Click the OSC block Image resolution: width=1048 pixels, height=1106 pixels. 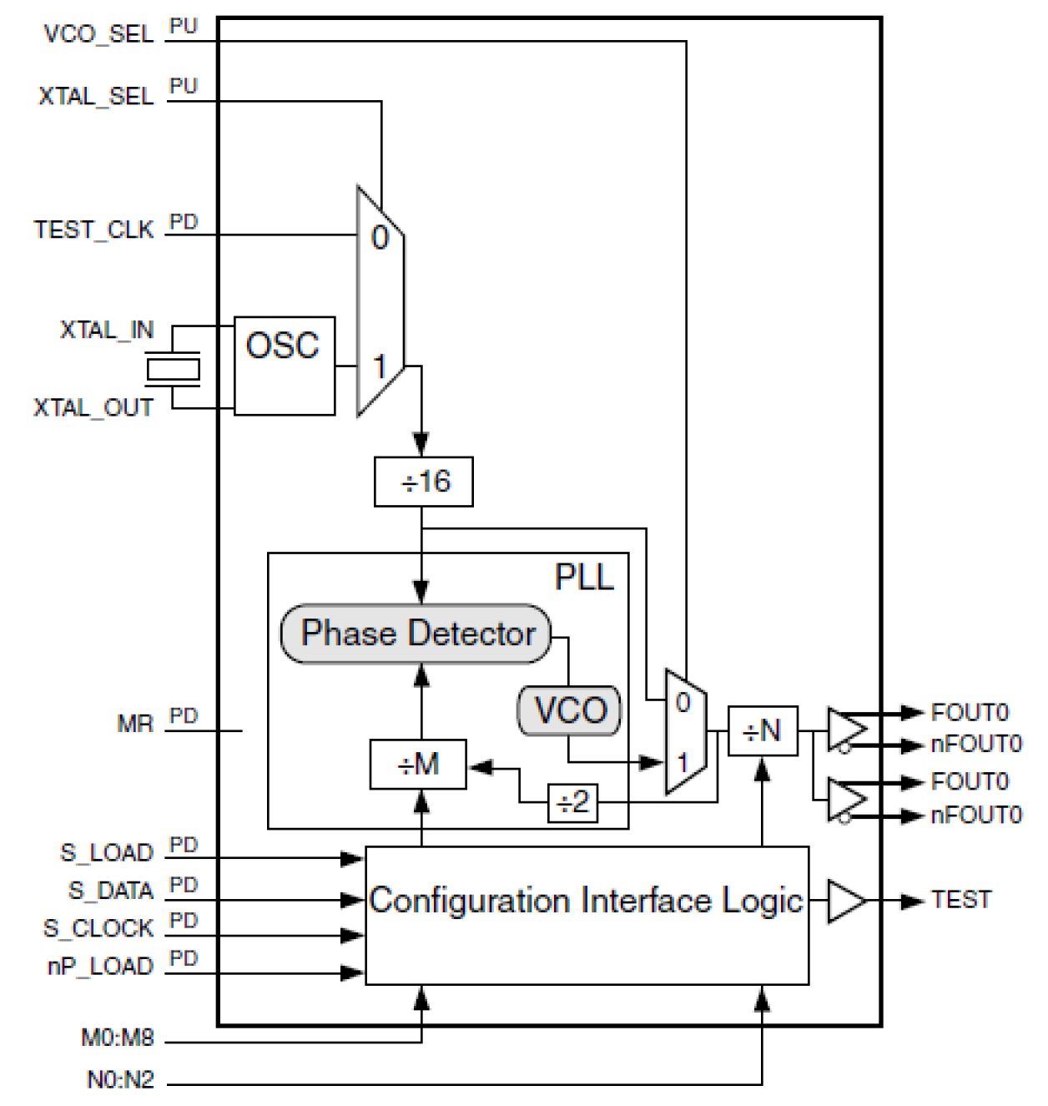[284, 366]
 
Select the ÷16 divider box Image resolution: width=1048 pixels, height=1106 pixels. [424, 482]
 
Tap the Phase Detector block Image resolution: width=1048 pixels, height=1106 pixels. [416, 634]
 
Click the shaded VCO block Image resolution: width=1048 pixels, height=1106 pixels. [570, 710]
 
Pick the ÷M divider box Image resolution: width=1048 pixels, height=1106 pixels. [418, 764]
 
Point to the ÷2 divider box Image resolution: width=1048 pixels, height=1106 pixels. [572, 803]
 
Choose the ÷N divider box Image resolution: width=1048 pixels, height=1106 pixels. [763, 731]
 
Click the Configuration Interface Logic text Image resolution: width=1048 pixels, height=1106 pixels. [586, 901]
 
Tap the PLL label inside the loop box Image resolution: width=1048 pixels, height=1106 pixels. [584, 577]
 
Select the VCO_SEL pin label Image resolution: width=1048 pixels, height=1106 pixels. [98, 35]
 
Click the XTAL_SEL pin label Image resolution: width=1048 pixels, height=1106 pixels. [96, 96]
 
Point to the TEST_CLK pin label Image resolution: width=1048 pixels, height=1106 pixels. [93, 230]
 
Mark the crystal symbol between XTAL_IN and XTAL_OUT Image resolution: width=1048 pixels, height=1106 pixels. [174, 369]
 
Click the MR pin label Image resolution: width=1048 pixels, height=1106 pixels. [135, 723]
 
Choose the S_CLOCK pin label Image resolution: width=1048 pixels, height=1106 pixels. [98, 928]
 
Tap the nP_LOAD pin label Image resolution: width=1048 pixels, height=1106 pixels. [100, 966]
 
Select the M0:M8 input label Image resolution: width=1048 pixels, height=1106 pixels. [117, 1038]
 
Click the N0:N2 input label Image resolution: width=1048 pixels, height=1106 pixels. [120, 1079]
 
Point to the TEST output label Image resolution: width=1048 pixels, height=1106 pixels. [961, 900]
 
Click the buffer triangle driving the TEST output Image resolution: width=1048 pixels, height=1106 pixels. [844, 901]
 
